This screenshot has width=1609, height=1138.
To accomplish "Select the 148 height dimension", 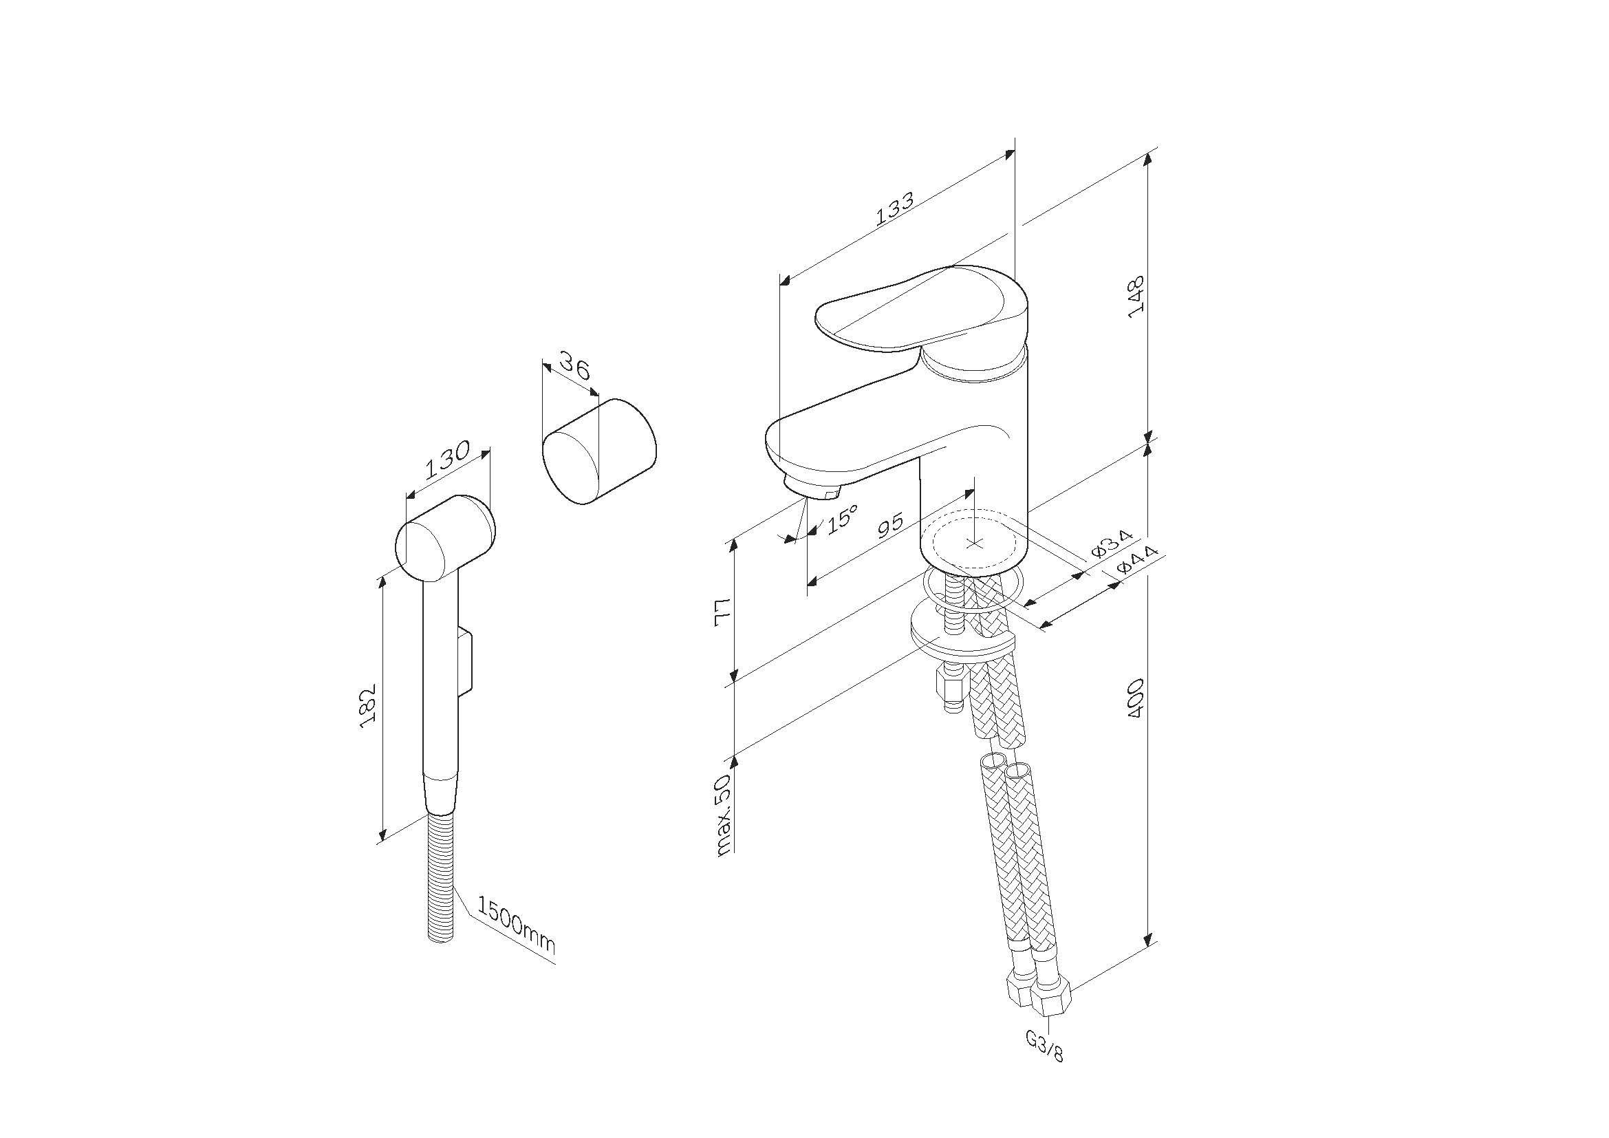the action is click(x=1136, y=296).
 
